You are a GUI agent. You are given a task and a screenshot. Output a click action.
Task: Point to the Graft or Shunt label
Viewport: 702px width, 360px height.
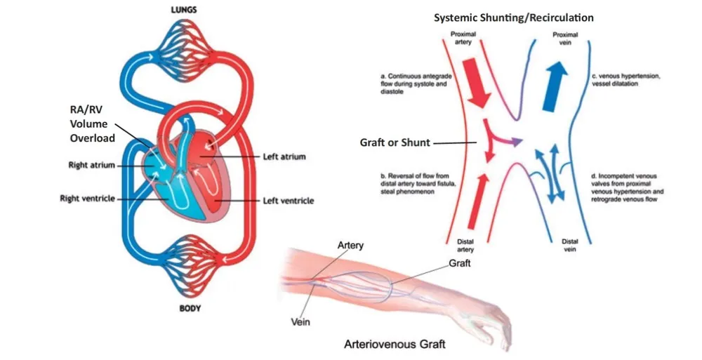pos(393,142)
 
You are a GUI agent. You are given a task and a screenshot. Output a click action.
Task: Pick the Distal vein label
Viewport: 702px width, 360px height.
pos(569,245)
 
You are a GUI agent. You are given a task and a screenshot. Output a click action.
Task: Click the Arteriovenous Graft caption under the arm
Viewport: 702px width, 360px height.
pos(395,345)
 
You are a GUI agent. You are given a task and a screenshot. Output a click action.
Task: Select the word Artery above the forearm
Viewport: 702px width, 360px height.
pos(350,245)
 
